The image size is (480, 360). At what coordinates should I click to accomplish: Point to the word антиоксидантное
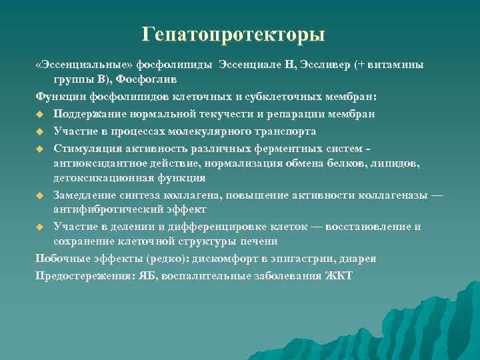(99, 163)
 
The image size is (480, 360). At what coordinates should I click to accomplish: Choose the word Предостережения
(79, 275)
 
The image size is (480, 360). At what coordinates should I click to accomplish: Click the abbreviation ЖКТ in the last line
(339, 275)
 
